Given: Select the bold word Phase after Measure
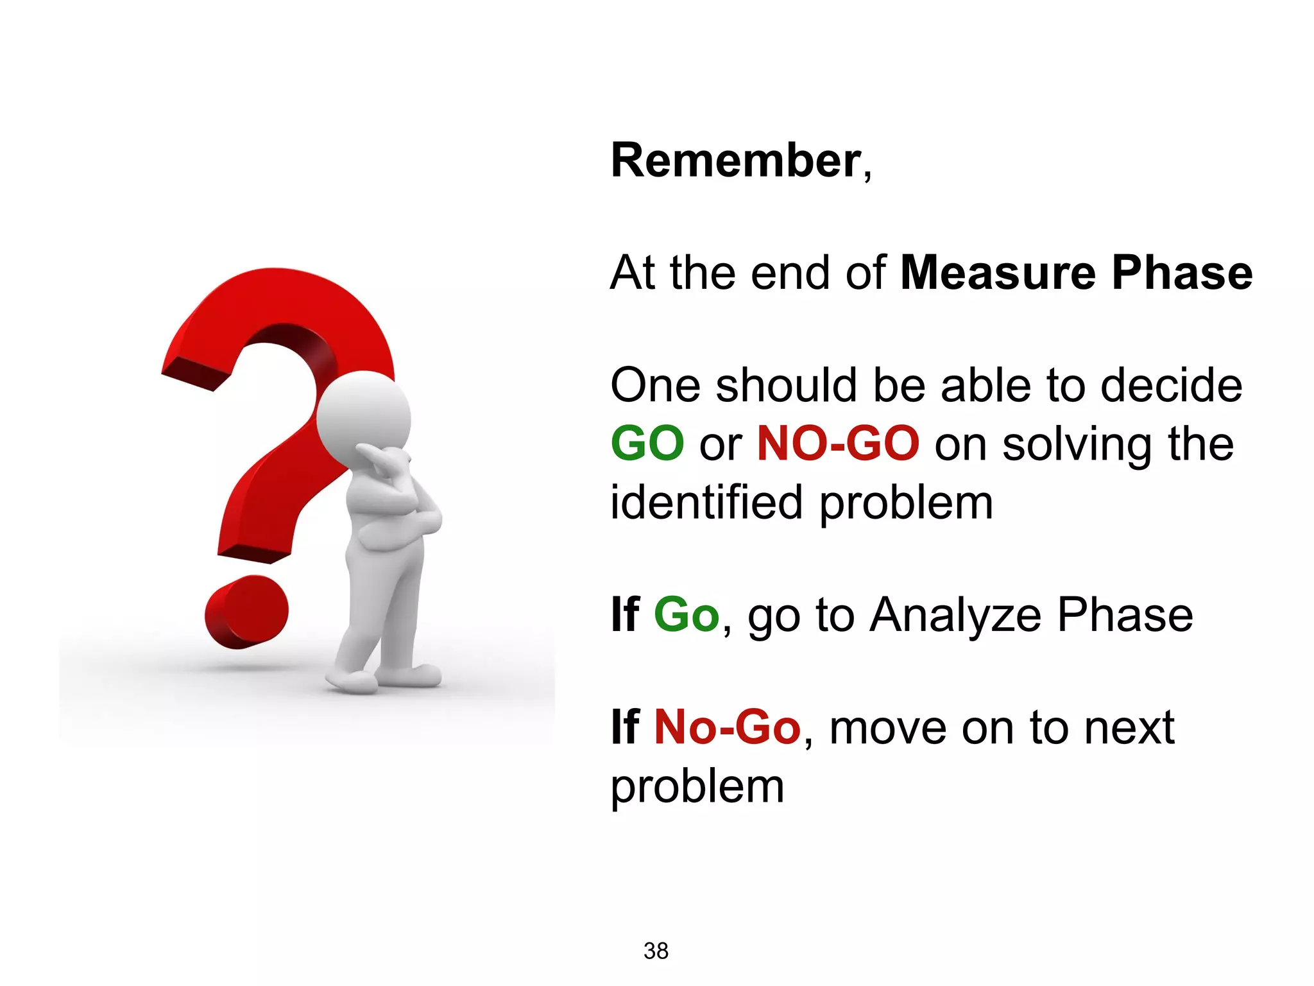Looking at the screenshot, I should point(1182,273).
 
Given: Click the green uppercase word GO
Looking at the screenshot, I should point(647,444).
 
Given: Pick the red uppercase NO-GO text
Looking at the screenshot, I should point(837,444).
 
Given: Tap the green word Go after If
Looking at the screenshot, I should point(686,616).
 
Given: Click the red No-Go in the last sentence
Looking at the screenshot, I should point(727,728).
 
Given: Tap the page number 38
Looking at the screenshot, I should point(656,951).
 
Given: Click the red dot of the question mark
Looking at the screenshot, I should point(246,612).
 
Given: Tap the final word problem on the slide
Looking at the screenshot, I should point(697,787).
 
